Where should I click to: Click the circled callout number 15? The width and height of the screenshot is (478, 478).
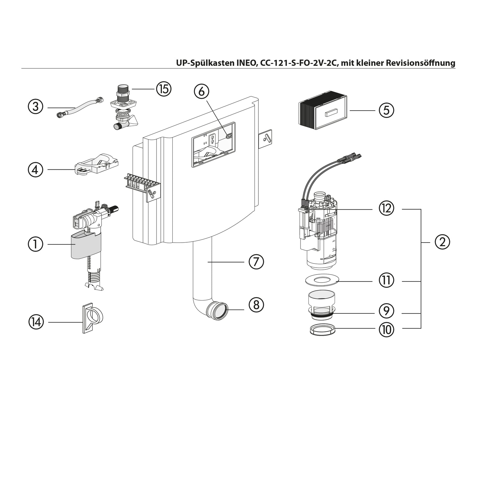coord(164,89)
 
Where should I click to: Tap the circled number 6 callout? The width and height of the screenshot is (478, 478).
coord(202,91)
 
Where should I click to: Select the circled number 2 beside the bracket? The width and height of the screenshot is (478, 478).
coord(442,242)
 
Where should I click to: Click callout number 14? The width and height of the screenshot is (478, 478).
coord(36,322)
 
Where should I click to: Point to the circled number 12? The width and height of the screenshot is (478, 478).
coord(386,208)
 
